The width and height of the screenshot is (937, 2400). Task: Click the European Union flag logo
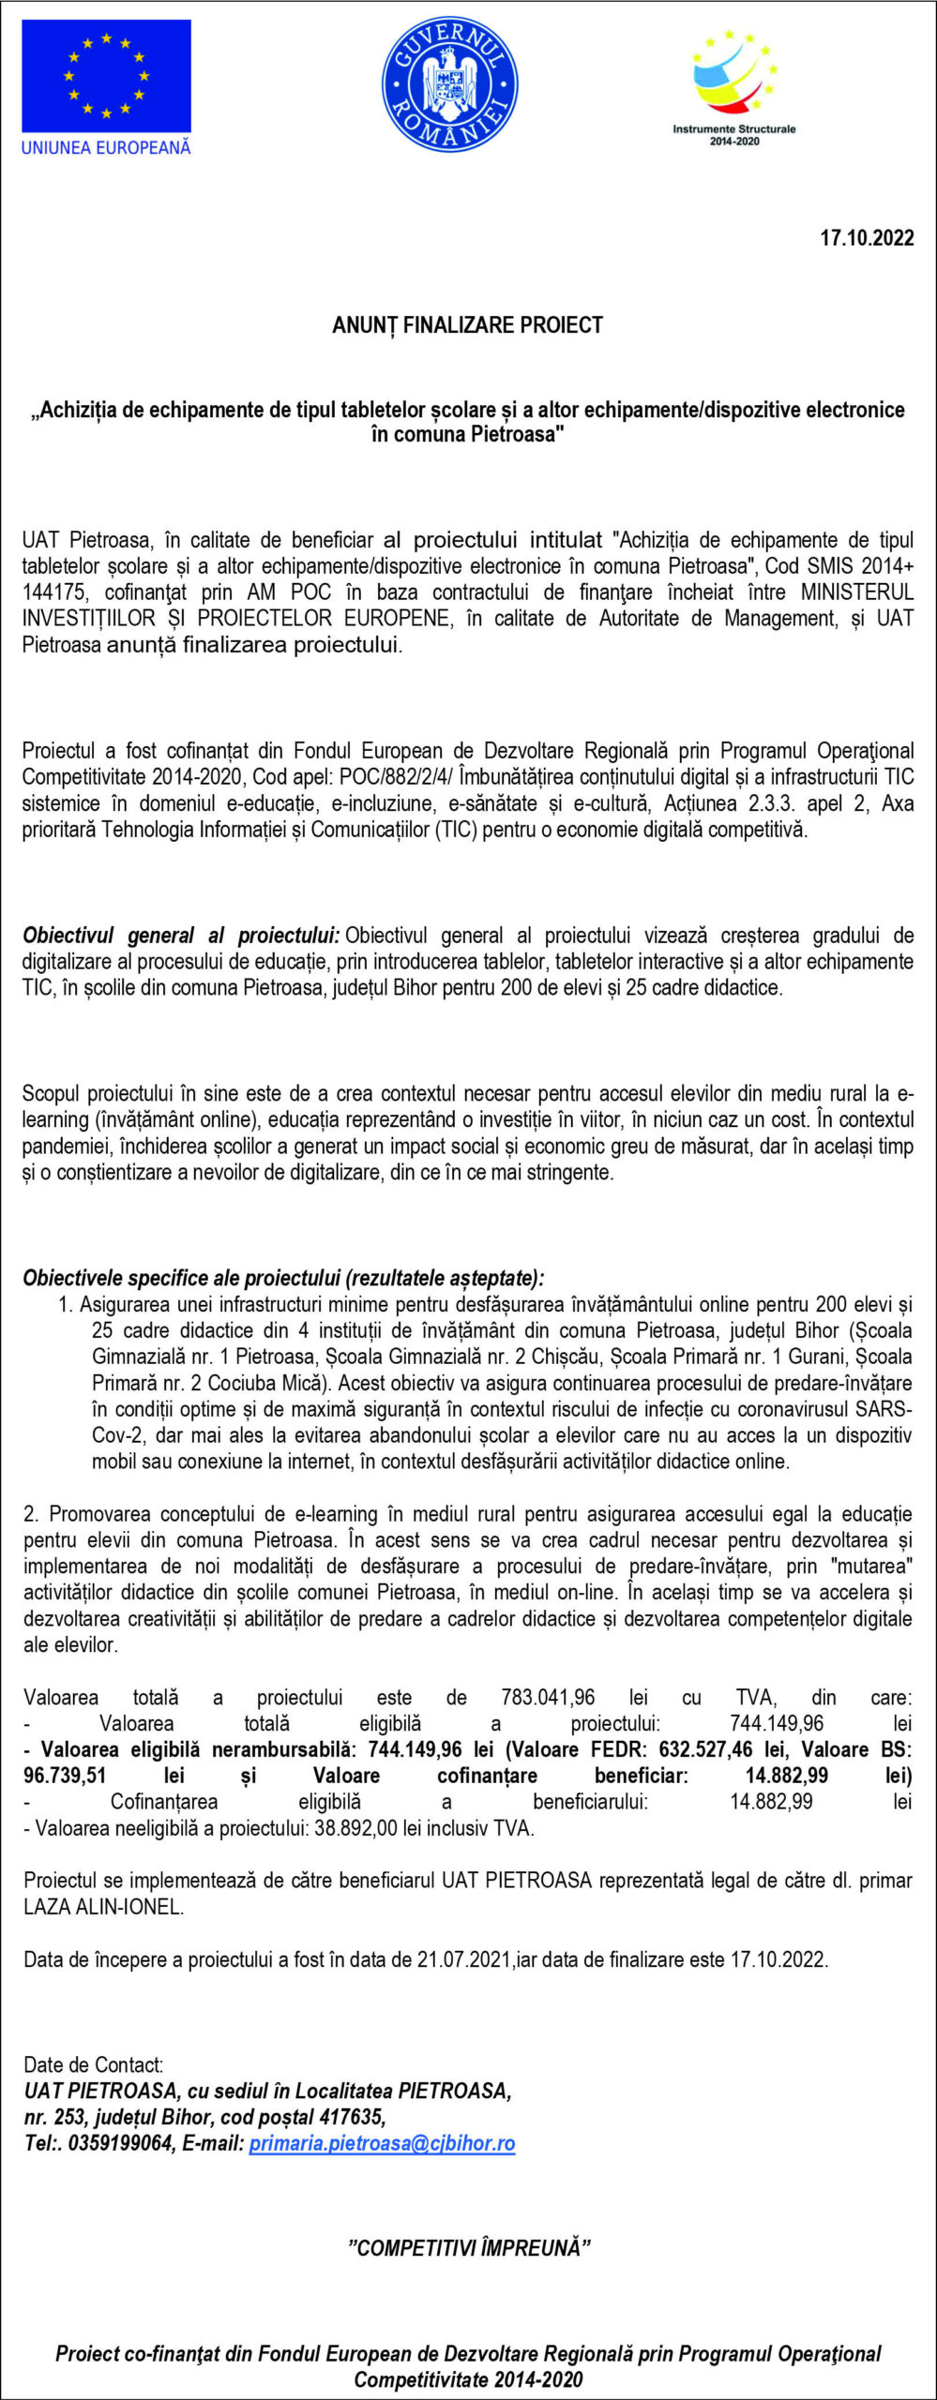[x=106, y=76]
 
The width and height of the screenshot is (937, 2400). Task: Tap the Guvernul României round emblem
[x=450, y=85]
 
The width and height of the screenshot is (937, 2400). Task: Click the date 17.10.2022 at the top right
[x=867, y=238]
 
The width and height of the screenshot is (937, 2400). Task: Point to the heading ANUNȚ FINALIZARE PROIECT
[x=467, y=325]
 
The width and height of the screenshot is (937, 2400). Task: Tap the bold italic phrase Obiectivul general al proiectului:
[x=181, y=936]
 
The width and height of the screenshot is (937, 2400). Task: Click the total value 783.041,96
[x=548, y=1698]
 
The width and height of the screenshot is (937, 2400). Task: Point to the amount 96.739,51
[x=65, y=1776]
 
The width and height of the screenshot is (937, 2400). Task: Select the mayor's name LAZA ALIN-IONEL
[x=103, y=1907]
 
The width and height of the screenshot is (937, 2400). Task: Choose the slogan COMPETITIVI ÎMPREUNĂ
[x=469, y=2248]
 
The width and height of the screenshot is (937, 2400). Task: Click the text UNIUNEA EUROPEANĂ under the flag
[x=106, y=147]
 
